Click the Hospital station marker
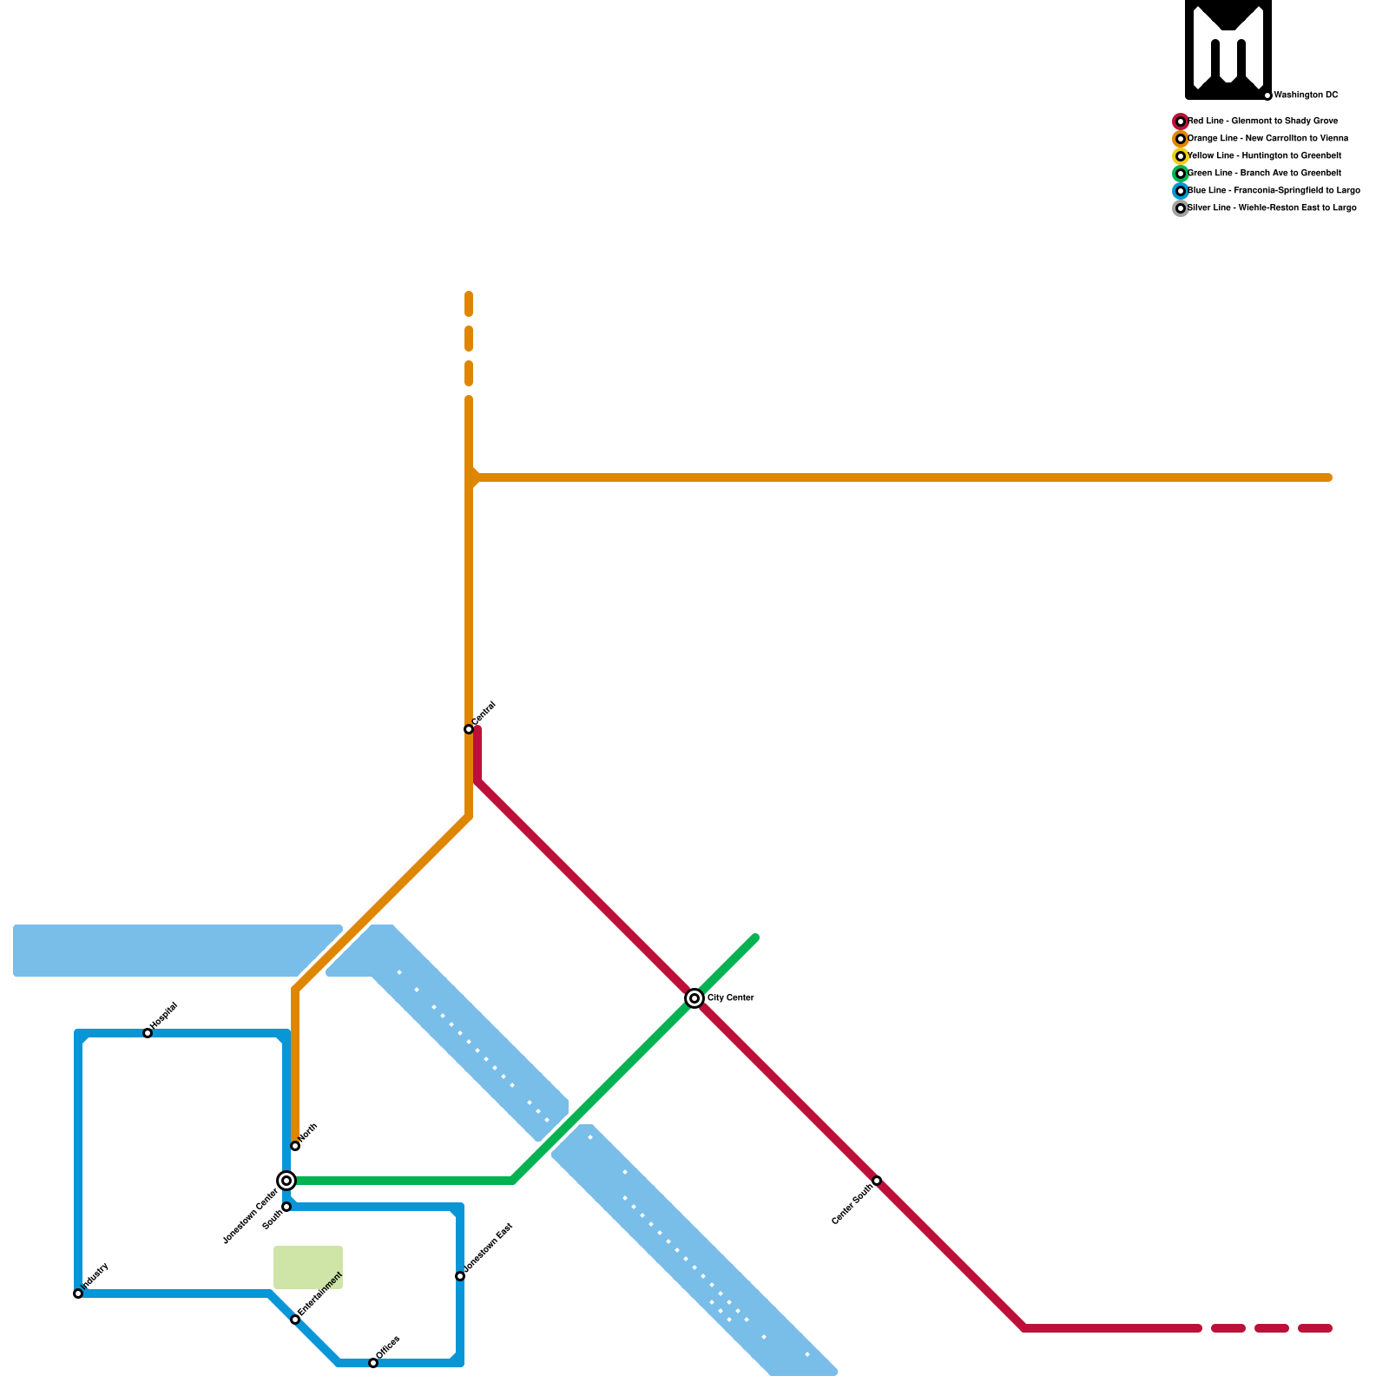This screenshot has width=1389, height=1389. point(148,1033)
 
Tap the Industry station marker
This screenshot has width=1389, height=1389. point(78,1294)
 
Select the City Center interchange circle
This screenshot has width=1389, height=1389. point(694,998)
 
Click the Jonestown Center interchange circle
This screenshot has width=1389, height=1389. point(286,1181)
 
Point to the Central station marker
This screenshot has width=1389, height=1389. point(469,729)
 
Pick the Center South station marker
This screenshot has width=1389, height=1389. point(877,1181)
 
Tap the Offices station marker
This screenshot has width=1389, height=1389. point(373,1363)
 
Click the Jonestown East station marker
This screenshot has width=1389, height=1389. point(460,1276)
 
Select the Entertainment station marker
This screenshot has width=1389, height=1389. point(295,1320)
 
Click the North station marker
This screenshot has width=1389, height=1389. point(295,1146)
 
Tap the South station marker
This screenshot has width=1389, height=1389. point(286,1207)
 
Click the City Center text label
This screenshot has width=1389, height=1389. point(730,998)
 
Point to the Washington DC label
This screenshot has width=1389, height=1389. point(1306,95)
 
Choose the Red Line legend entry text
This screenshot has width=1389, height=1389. point(1263,122)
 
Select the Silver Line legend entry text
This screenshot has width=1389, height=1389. point(1272,208)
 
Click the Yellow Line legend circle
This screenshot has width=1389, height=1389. point(1181,156)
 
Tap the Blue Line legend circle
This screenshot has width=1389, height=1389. point(1181,191)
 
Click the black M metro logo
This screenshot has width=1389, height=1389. point(1228,49)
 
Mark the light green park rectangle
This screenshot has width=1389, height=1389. point(308,1267)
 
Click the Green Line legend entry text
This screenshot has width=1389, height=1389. point(1265,174)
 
